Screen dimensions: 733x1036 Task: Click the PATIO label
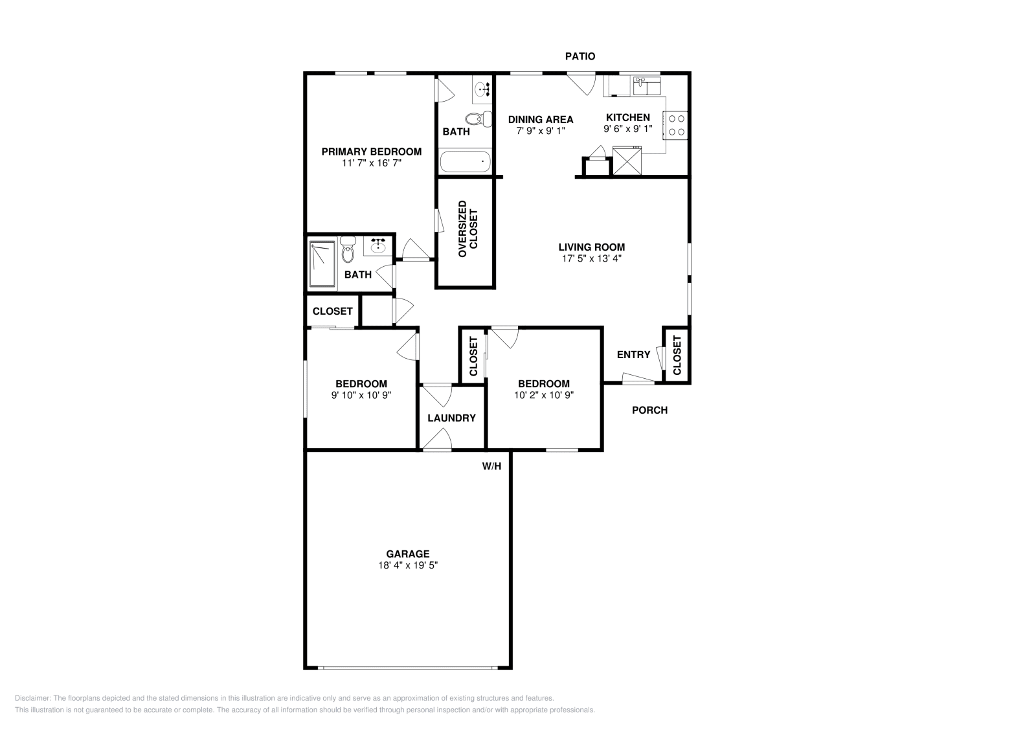[x=580, y=56]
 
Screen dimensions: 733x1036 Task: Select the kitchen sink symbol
[x=646, y=85]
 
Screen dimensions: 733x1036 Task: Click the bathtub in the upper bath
[x=466, y=161]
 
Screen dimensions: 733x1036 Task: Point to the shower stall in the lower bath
[x=322, y=264]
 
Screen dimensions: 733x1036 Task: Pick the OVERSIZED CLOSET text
[x=467, y=229]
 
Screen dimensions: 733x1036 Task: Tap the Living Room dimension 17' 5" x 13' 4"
[x=592, y=258]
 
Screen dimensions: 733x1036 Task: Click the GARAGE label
[x=408, y=554]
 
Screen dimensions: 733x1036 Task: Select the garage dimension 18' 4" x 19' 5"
[x=408, y=565]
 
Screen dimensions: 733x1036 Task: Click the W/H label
[x=491, y=466]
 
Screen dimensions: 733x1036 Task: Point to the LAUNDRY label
[x=451, y=418]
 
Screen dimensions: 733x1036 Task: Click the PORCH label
[x=649, y=410]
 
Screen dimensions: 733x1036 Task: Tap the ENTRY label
[x=633, y=354]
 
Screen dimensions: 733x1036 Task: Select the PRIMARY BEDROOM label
[x=372, y=152]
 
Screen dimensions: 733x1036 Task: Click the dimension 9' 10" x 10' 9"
[x=361, y=394]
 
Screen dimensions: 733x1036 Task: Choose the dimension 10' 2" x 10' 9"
[x=544, y=394]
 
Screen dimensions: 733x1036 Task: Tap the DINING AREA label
[x=541, y=119]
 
